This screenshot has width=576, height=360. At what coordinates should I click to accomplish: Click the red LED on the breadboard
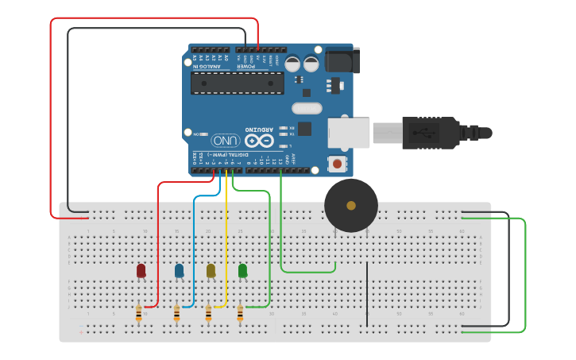point(141,271)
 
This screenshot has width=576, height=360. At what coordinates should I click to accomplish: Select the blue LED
point(179,271)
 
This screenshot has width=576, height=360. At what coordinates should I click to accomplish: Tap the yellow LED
point(211,271)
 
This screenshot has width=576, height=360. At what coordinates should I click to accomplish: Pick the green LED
point(242,271)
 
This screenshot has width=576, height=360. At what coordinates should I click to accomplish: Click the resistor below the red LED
point(139,314)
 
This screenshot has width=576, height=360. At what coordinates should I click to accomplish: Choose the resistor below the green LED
point(240,314)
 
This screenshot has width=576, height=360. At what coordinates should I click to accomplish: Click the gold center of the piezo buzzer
point(351,206)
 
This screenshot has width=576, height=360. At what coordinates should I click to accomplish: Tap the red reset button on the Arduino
point(338,165)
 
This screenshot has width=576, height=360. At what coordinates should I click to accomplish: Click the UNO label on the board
point(226,140)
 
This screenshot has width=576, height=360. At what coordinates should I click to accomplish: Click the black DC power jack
point(339,60)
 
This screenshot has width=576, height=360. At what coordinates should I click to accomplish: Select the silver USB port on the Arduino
point(350,133)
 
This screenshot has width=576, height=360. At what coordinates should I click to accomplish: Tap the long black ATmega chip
point(238,83)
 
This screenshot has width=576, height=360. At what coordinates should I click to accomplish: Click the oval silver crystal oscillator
point(307,108)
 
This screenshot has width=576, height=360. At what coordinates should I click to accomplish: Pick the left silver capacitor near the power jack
point(292,64)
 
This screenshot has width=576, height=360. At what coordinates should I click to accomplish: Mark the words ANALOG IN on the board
point(207,67)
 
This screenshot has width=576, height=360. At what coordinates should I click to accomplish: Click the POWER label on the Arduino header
point(246,67)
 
